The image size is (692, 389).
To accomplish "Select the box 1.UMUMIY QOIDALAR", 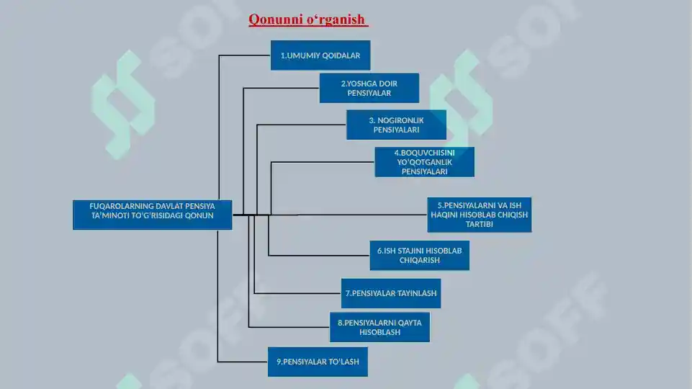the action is [320, 55].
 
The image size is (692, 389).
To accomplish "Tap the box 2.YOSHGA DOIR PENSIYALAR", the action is [369, 88].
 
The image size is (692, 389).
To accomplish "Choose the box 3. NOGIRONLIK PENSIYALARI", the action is [396, 125].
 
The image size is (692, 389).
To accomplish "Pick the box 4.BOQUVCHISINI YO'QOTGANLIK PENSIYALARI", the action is [425, 162].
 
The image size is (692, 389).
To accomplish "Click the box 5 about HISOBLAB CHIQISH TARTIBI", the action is [480, 215].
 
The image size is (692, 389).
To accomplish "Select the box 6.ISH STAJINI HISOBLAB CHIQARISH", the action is [419, 255].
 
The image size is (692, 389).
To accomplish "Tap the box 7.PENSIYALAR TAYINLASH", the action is [390, 293].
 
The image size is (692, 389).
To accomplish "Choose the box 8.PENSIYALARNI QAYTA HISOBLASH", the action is [379, 327].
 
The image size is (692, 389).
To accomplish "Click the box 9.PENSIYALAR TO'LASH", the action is [318, 362].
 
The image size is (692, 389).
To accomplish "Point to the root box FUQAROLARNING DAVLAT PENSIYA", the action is [152, 215].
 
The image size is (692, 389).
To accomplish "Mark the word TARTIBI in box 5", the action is [480, 224].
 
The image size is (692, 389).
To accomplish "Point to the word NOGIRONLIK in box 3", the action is [400, 120].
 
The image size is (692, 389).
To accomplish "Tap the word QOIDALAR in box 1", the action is [341, 55].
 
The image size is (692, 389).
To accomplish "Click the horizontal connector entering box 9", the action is [243, 362].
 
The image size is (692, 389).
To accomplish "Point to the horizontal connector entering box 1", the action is [245, 55].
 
